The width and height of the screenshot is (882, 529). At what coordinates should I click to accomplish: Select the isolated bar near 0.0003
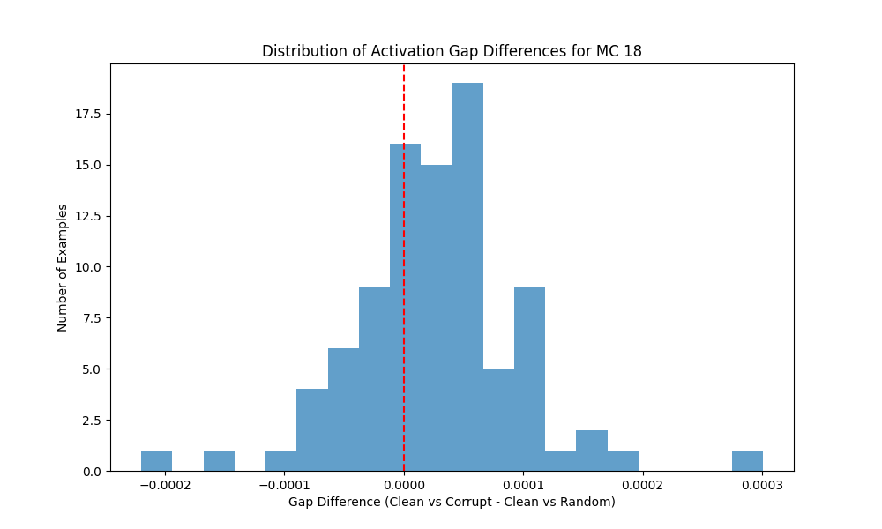pos(747,461)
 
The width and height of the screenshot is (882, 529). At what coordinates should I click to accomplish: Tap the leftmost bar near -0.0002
pos(156,461)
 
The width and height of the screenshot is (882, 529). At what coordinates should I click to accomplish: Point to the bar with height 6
pos(343,410)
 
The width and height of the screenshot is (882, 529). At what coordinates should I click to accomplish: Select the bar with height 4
pos(312,430)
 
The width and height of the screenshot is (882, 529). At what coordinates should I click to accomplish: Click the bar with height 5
pos(498,420)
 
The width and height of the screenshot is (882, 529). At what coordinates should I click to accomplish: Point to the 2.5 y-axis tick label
pos(91,421)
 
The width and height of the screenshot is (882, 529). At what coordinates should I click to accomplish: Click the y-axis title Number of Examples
pos(63,267)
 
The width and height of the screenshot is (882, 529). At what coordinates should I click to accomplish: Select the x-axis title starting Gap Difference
pos(452,503)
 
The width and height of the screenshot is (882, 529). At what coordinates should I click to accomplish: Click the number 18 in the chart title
pos(633,51)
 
